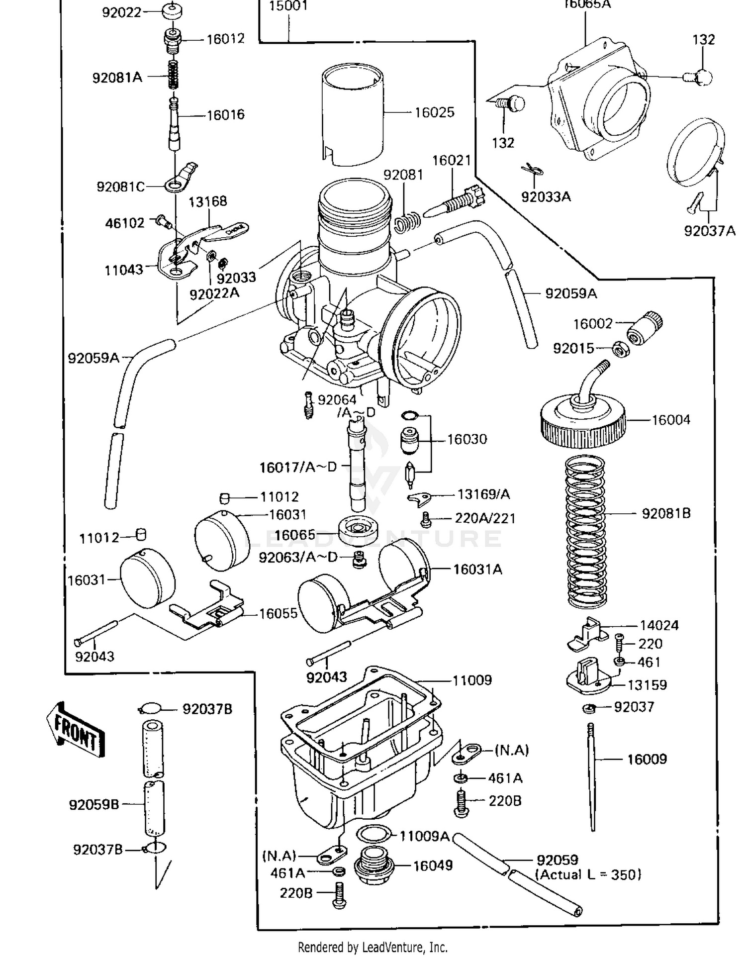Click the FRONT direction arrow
(76, 730)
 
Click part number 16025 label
(434, 112)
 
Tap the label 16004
(670, 420)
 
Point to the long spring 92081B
(586, 531)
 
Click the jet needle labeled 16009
(592, 776)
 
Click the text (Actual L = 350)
(588, 874)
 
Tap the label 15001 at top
(288, 6)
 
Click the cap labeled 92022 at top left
(172, 11)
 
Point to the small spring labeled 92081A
(173, 75)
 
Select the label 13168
(207, 201)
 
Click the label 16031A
(477, 570)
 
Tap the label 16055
(278, 613)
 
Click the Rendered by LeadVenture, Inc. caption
(373, 947)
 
